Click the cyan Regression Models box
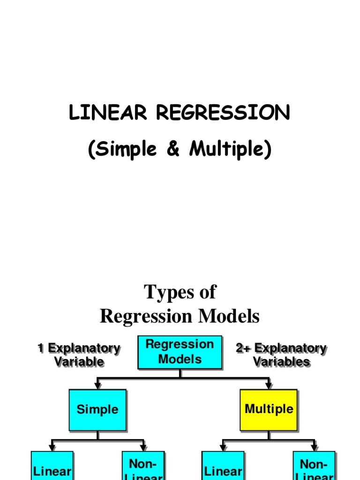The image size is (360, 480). coord(180,352)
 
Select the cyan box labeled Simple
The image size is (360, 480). coord(97,410)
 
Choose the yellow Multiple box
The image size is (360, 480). coord(269,410)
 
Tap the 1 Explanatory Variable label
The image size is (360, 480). coord(79,355)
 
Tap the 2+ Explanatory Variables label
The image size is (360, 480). coord(281,355)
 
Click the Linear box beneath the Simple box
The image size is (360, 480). coord(52,466)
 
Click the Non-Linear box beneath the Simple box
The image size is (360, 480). coord(143,466)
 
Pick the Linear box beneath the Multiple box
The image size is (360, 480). coord(223,466)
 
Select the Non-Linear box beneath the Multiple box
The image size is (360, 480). coord(314,466)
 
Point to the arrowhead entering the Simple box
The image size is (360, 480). coord(97,386)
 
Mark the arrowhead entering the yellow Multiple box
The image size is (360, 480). coord(269,386)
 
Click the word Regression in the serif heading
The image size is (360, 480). coord(148,317)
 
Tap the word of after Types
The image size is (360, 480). coord(206,292)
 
